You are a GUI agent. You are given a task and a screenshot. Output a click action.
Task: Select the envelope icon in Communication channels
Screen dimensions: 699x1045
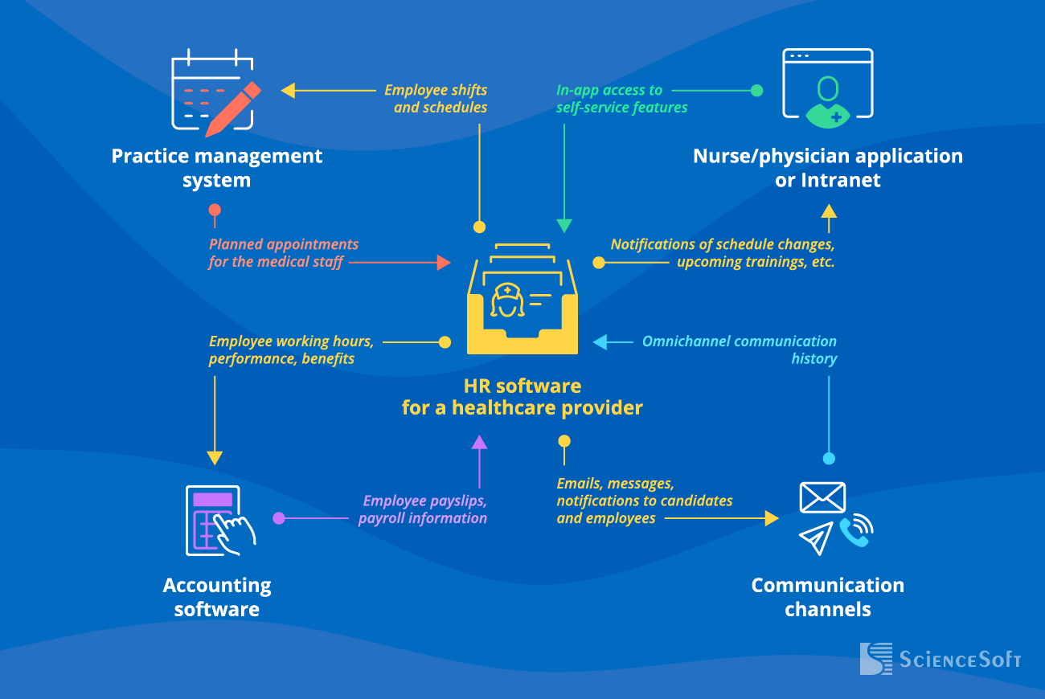point(822,497)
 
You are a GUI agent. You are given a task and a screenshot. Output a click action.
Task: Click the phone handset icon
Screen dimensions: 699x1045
point(855,530)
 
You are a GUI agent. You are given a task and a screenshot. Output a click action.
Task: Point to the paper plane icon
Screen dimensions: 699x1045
point(816,538)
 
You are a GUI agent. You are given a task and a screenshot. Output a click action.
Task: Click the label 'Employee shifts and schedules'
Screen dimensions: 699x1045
point(436,99)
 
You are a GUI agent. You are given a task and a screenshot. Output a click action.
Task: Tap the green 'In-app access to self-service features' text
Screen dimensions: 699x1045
point(621,99)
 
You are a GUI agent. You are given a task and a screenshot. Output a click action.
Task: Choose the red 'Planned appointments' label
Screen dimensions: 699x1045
point(283,253)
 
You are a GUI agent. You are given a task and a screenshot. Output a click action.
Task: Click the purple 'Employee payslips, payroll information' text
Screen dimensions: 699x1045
point(423,509)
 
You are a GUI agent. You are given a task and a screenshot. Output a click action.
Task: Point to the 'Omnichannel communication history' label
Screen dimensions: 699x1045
point(739,350)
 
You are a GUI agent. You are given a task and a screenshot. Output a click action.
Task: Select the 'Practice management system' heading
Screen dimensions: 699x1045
point(216,168)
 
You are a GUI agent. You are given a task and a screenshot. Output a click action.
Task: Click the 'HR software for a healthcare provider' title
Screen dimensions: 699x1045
point(522,397)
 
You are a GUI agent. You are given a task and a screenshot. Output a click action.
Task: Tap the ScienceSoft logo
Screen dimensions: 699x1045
point(939,659)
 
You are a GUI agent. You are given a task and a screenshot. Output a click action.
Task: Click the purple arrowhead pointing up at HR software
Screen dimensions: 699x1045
point(479,442)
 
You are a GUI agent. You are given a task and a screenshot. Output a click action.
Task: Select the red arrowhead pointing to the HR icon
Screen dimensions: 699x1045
point(443,262)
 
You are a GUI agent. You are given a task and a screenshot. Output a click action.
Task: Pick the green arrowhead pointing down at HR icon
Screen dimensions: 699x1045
point(564,226)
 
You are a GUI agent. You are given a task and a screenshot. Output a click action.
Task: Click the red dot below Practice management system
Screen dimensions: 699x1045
point(215,211)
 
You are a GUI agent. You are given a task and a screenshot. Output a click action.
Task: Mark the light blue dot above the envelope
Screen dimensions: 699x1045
point(829,459)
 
